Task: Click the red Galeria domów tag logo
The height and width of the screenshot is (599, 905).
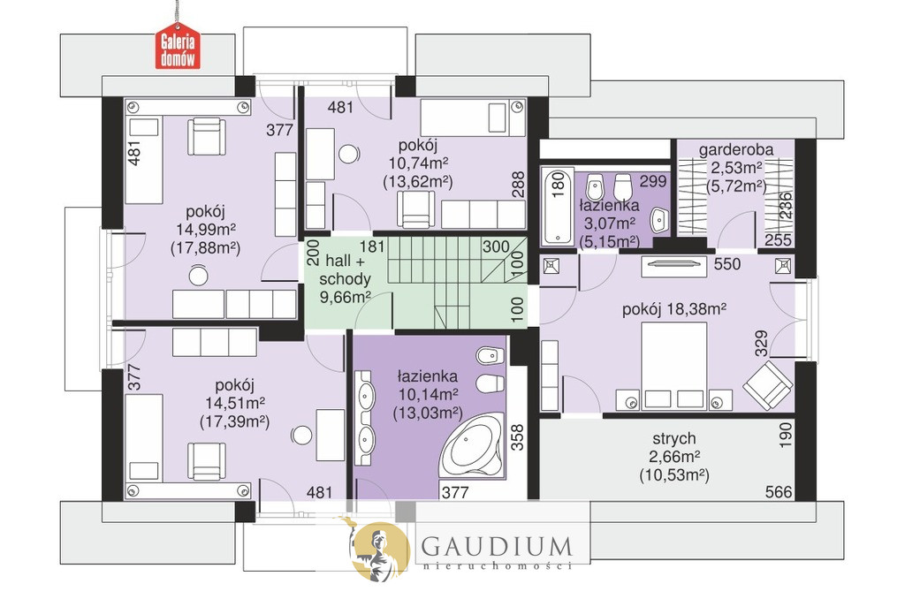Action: point(178,46)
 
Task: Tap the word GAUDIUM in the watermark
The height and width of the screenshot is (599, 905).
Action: point(497,545)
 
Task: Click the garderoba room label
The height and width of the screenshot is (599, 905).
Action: point(736,150)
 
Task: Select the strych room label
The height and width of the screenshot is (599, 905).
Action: point(674,438)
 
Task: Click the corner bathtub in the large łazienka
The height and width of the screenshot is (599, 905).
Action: point(471,445)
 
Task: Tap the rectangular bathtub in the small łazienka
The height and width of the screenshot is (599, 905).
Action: point(557,206)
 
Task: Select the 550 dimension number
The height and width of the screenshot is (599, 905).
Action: point(727,264)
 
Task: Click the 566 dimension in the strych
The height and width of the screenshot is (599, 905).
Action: point(779,492)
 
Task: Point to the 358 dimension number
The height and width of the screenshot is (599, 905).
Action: point(517,437)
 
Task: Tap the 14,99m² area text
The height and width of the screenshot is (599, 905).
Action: point(205,230)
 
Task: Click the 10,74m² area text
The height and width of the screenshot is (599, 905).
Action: point(418,163)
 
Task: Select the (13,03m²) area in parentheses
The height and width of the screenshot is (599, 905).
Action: point(428,413)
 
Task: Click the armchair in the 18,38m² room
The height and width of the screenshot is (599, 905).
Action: point(767,385)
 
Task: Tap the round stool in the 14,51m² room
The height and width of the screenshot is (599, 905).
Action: point(301,435)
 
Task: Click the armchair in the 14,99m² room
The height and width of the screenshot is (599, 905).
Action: point(207,136)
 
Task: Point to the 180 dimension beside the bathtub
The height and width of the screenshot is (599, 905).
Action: point(558,186)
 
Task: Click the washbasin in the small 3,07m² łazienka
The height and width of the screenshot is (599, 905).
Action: point(658,220)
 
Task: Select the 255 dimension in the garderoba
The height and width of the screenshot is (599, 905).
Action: point(778,240)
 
